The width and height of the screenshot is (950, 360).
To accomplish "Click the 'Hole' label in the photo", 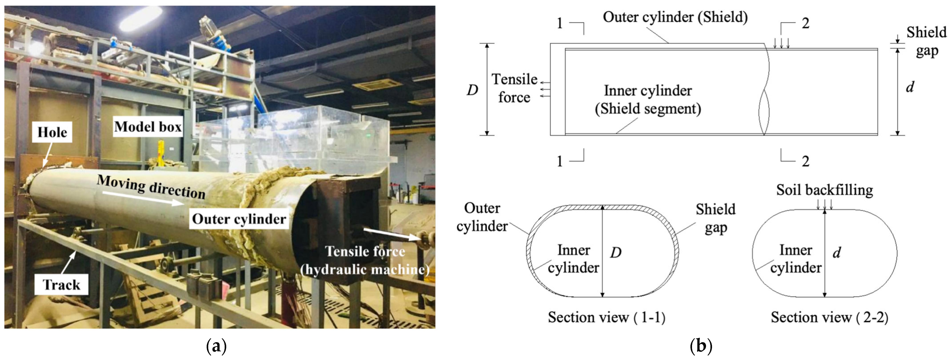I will (52, 132).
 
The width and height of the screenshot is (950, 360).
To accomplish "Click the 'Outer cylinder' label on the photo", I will (239, 219).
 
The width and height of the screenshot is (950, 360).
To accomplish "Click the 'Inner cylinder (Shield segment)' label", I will (648, 100).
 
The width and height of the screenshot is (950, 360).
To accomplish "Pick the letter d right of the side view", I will (910, 87).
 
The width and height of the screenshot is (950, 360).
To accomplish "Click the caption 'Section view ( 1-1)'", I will (606, 317).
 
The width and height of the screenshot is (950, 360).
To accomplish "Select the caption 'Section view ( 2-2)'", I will (829, 317).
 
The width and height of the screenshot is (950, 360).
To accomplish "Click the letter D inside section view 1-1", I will (616, 252).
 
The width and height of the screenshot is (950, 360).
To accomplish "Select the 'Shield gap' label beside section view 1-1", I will (716, 218).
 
